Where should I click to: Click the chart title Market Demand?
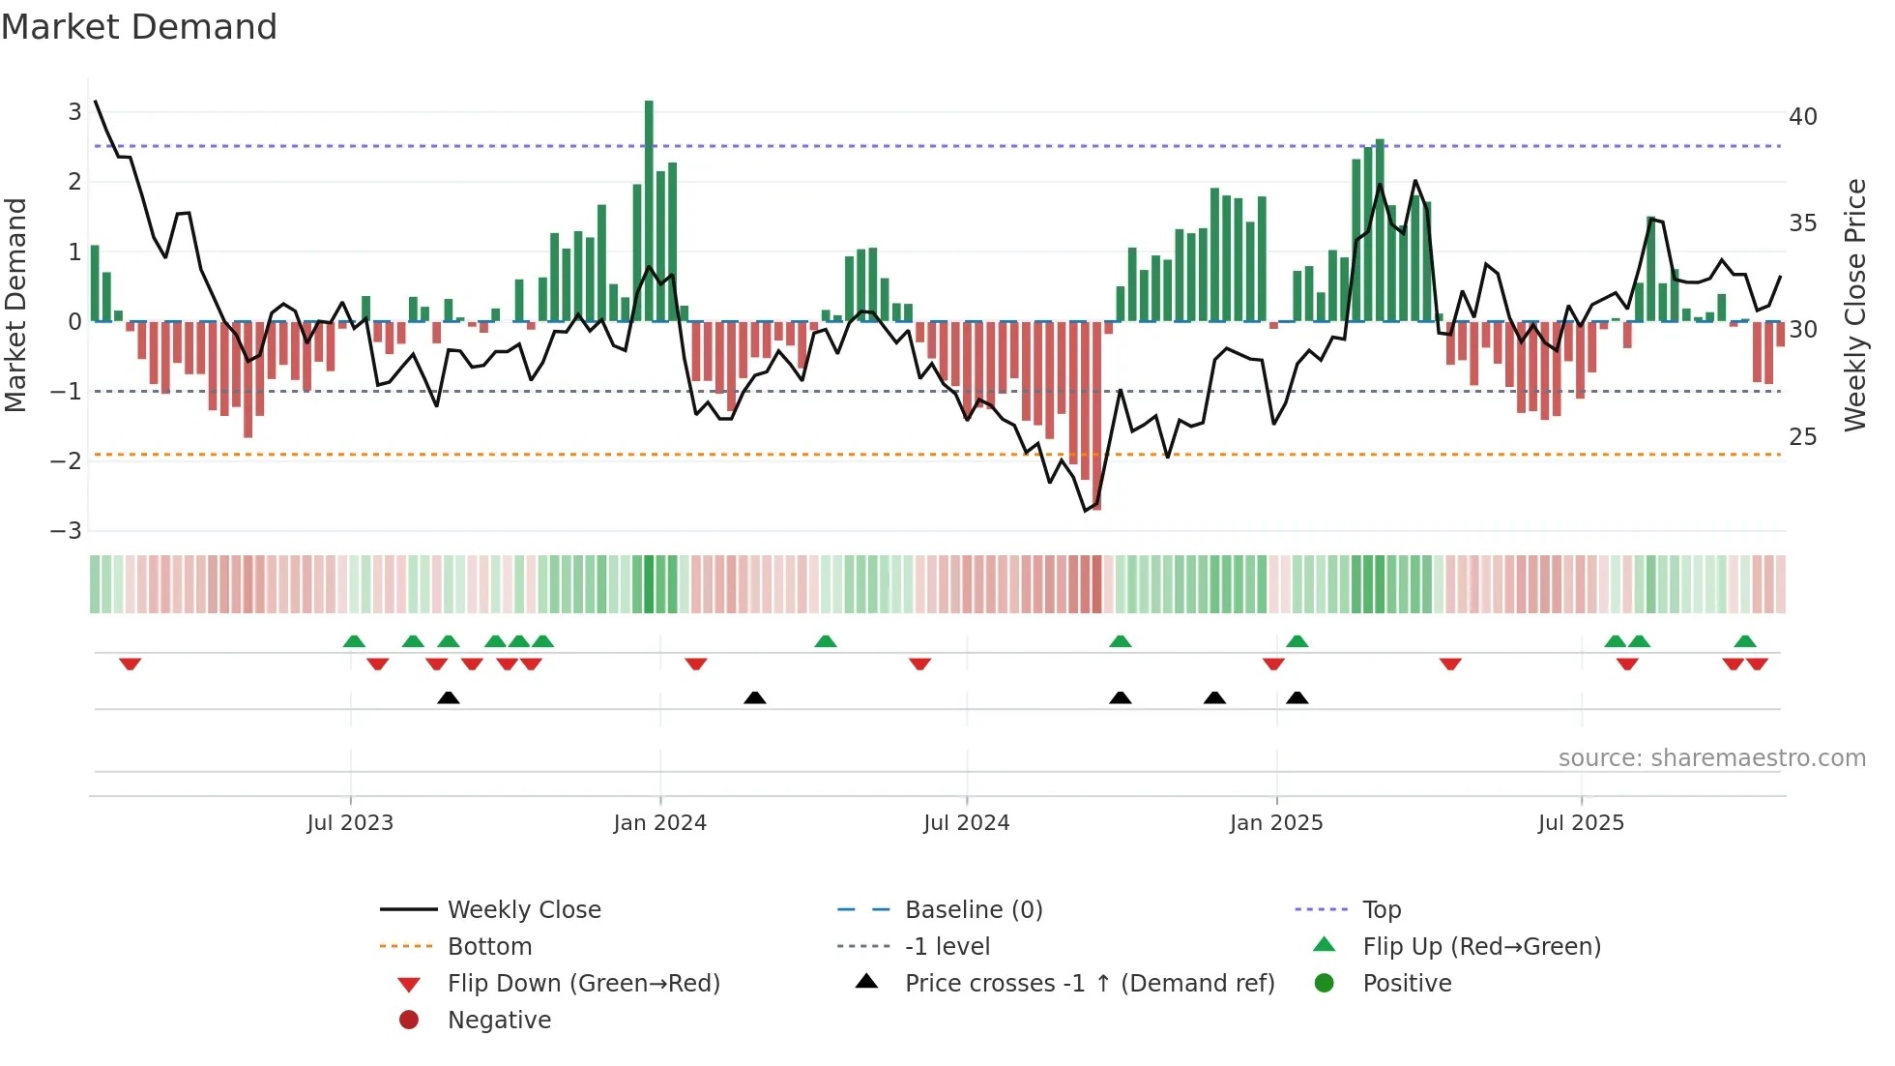click(139, 27)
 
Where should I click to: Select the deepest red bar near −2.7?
click(1096, 416)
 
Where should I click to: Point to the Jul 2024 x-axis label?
click(966, 822)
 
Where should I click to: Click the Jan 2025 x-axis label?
click(1275, 822)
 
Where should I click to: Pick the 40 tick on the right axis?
click(1802, 117)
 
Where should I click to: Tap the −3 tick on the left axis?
click(67, 531)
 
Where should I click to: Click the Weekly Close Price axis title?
click(1854, 305)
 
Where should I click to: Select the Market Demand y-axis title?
click(15, 305)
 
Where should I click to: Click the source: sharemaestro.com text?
click(1711, 757)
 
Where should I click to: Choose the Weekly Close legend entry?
click(523, 909)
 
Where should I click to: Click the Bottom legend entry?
click(489, 946)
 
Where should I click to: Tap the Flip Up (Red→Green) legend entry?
click(1481, 946)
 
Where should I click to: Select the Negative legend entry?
click(499, 1020)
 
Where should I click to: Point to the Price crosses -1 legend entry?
click(1089, 983)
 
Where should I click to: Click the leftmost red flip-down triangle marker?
click(130, 664)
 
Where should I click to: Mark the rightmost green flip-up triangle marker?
click(1745, 641)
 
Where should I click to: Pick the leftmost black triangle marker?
click(448, 697)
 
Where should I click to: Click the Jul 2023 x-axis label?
click(350, 822)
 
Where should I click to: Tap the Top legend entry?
click(1381, 909)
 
